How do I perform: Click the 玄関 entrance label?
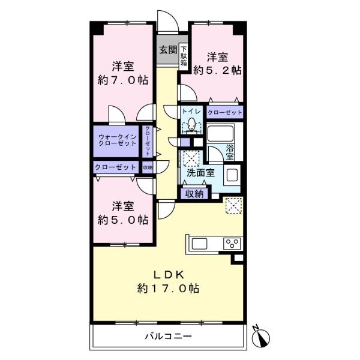click(168, 50)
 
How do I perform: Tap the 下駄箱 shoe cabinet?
click(184, 56)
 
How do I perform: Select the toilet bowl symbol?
click(191, 125)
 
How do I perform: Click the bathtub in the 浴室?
click(220, 133)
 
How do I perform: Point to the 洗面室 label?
click(200, 173)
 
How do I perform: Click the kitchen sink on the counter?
click(199, 244)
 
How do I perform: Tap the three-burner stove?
click(232, 244)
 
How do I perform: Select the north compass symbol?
click(261, 337)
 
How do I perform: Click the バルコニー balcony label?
click(168, 337)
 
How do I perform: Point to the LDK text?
click(169, 275)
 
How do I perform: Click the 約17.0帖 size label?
click(168, 288)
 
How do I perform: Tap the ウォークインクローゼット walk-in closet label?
click(118, 140)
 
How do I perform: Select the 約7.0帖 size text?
click(123, 80)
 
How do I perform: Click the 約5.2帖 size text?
click(217, 70)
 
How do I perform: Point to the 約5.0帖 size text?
click(123, 220)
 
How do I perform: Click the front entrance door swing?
click(168, 22)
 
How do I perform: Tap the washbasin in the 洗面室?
click(232, 175)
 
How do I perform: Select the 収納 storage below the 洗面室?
click(194, 194)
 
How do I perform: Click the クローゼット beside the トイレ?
click(225, 112)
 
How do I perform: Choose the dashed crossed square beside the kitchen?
click(234, 205)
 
